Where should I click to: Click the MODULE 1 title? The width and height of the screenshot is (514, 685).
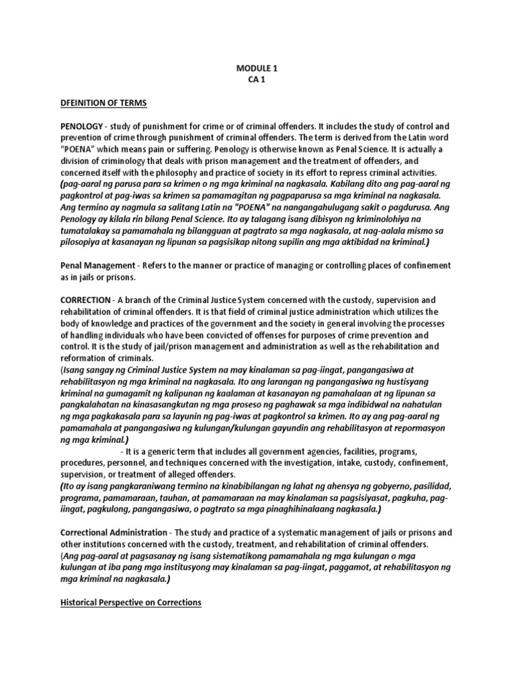click(256, 68)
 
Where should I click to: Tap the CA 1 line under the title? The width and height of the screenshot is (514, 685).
click(256, 79)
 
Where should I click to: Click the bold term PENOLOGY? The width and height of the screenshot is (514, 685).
click(80, 126)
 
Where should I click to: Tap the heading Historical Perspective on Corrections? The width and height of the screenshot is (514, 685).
click(131, 602)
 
